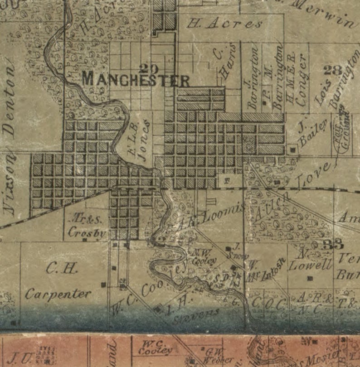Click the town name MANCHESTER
coord(136,80)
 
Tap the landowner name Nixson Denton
coord(9,141)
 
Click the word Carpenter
coord(58,294)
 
